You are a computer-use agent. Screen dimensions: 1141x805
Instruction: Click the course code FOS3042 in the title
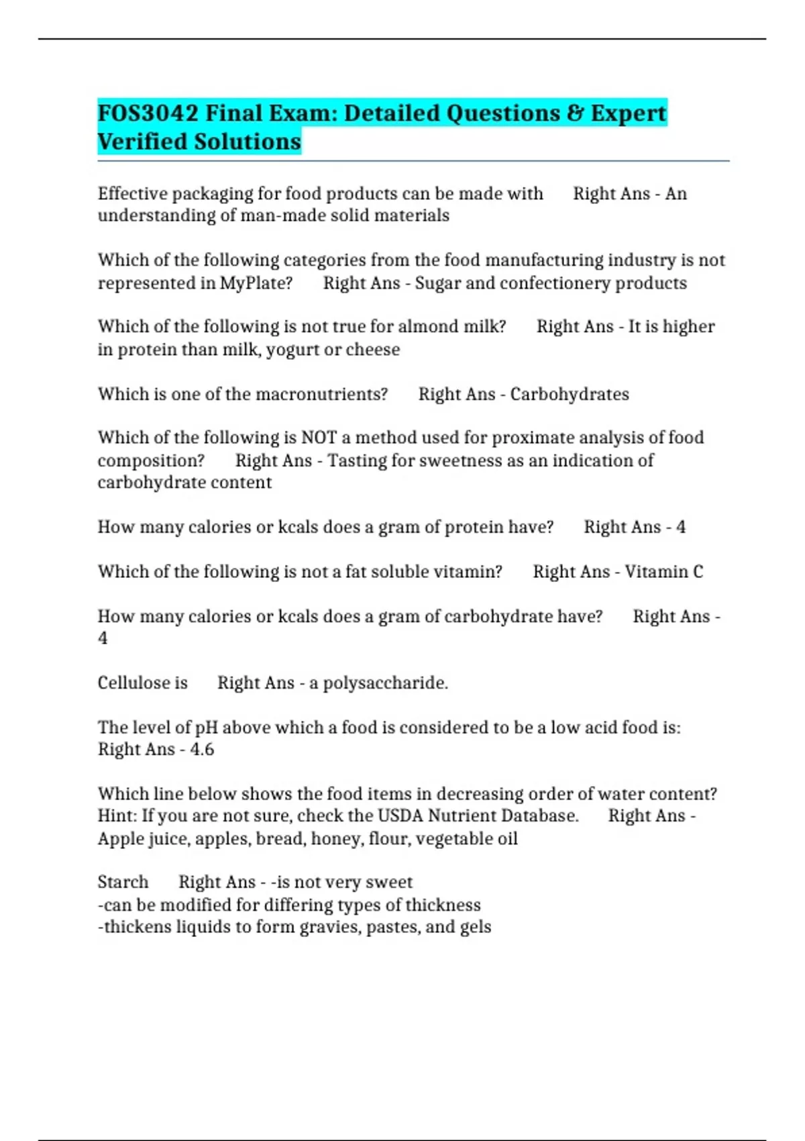click(x=148, y=113)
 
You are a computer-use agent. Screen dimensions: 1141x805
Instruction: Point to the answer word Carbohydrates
click(x=570, y=394)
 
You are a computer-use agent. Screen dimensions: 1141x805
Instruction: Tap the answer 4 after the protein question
click(x=680, y=527)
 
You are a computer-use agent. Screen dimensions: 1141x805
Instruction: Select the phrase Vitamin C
click(x=664, y=572)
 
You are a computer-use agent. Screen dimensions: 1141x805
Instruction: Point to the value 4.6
click(x=202, y=750)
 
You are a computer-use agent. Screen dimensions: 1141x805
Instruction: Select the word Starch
click(x=123, y=882)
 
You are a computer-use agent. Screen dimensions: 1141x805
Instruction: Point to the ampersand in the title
click(x=575, y=113)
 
